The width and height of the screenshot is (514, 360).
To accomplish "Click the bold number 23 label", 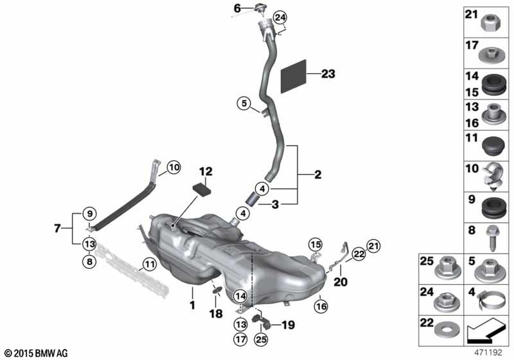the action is (x=328, y=74).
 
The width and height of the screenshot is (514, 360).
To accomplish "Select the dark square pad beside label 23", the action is (x=293, y=77).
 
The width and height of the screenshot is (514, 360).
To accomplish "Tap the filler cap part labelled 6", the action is (x=261, y=8).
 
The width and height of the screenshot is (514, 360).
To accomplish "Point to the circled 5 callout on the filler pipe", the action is (x=244, y=103).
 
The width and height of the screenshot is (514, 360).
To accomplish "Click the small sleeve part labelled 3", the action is (x=252, y=200).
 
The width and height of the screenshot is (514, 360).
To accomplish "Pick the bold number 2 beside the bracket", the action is (x=318, y=174).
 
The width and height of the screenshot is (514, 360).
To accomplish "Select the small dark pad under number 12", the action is (x=201, y=190).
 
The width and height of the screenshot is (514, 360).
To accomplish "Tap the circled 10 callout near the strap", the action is (x=174, y=168).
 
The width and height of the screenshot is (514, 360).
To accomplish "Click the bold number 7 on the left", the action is (x=58, y=228).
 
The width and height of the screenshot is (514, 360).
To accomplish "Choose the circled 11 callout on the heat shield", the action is (x=150, y=264).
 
